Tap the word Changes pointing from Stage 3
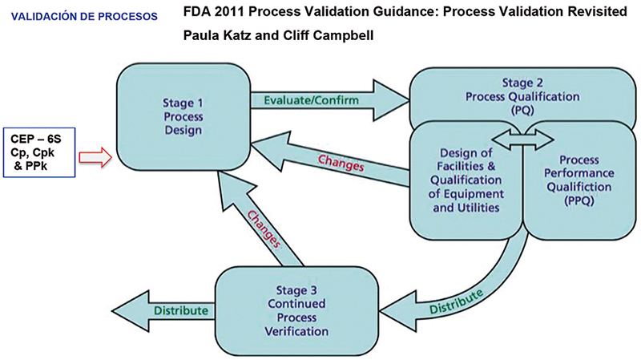pos(261,229)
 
